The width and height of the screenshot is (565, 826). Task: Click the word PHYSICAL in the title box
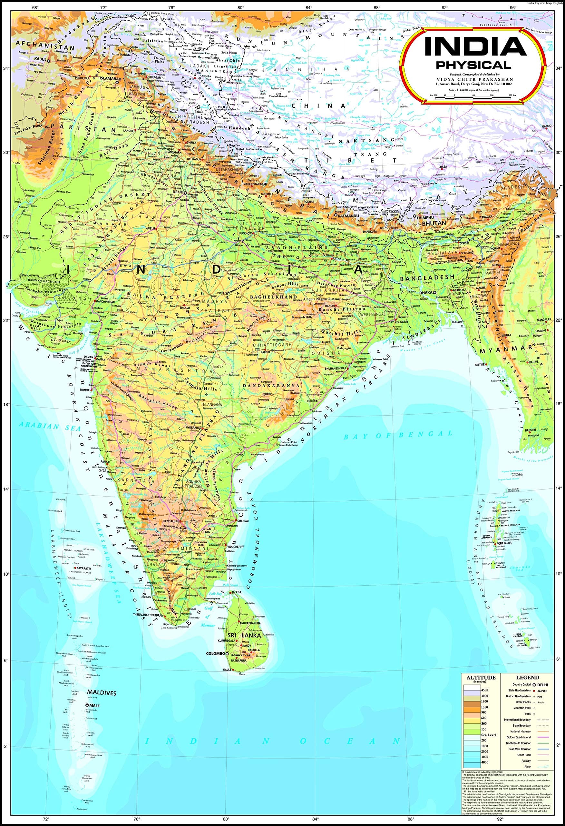[x=473, y=65]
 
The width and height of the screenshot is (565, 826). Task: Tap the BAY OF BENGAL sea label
[x=398, y=435]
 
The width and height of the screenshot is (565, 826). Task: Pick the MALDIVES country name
[x=102, y=693]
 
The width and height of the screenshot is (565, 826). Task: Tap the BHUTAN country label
[x=433, y=223]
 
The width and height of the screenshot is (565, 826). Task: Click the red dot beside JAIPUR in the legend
[x=534, y=690]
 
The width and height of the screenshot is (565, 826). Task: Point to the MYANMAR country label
[x=505, y=350]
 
